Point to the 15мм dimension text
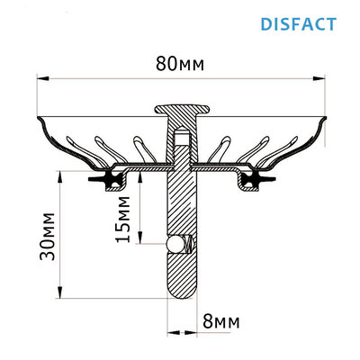pyautogui.click(x=130, y=220)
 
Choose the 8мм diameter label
pyautogui.click(x=220, y=319)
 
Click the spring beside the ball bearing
pyautogui.click(x=186, y=244)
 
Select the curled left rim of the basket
pyautogui.click(x=39, y=121)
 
